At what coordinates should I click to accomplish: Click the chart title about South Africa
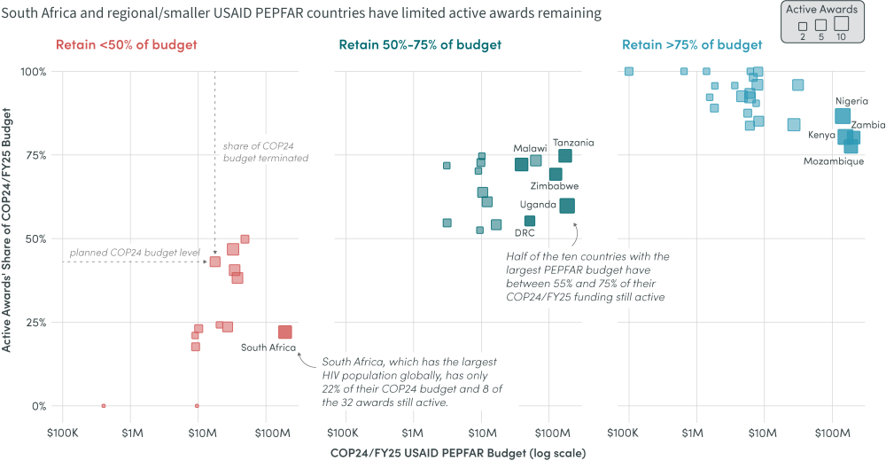301,13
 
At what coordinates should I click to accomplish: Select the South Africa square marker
285,332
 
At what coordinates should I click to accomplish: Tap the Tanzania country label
573,143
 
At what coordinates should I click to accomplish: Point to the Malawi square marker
522,164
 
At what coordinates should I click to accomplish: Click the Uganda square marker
567,206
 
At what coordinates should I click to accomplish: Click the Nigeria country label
851,101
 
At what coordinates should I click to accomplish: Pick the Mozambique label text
833,161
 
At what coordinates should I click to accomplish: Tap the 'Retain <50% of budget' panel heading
127,45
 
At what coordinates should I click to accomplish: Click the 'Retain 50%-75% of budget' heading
419,45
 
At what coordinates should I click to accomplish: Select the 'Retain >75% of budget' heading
692,45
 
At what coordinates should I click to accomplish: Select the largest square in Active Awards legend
841,24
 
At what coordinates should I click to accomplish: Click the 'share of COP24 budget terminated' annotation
265,151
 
